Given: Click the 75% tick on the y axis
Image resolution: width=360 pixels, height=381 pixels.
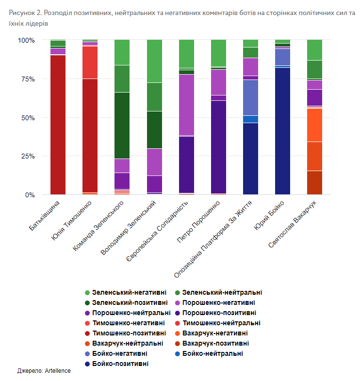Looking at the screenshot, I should click(x=27, y=79).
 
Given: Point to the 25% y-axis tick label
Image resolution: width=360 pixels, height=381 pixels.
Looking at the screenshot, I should click(x=27, y=157).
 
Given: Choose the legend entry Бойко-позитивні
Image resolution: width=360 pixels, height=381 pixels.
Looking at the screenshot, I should click(x=120, y=364).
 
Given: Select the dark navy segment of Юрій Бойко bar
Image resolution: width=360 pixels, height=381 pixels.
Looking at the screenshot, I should click(x=282, y=131).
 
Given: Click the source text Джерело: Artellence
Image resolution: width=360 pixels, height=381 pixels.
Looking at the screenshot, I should click(x=44, y=371).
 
